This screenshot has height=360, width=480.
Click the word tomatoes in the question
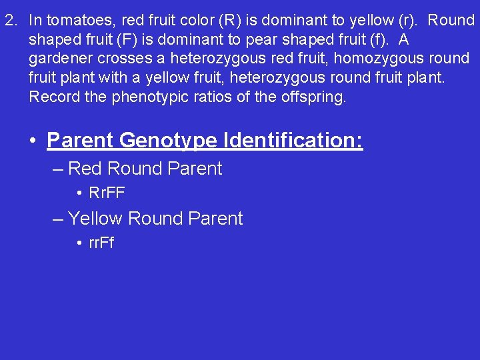[x=71, y=20]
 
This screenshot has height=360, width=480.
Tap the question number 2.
[x=10, y=20]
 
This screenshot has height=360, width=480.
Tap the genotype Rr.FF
[x=107, y=193]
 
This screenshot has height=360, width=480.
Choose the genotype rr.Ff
[x=101, y=243]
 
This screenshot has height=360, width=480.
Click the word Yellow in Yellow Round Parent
[x=95, y=218]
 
